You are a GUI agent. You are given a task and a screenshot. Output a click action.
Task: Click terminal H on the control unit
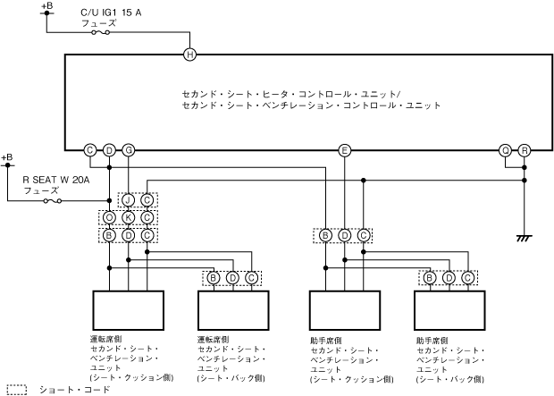189,55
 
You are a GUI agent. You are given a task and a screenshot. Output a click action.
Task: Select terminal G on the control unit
129,150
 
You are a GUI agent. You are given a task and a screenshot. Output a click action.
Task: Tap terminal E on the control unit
345,150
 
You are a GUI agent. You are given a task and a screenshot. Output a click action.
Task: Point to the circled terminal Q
506,150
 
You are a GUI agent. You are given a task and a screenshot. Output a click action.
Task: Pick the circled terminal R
525,150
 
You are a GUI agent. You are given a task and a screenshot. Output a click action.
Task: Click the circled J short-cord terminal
129,200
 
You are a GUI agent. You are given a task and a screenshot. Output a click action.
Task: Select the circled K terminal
129,217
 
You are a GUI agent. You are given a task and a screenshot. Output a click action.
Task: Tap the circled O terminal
109,217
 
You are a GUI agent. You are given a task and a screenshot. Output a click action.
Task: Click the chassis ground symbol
525,238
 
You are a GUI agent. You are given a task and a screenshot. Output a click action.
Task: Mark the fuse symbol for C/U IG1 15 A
101,32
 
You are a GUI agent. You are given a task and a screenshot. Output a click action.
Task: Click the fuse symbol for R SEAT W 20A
53,201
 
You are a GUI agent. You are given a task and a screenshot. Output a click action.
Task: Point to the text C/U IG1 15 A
111,13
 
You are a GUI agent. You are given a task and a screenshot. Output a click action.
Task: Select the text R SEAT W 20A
56,180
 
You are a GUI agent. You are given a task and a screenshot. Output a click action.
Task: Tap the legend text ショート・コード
74,390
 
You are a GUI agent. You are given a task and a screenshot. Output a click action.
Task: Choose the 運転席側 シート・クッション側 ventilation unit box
129,310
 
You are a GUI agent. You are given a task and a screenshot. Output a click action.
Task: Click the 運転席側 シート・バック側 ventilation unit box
233,310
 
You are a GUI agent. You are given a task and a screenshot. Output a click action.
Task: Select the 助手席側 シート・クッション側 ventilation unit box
345,310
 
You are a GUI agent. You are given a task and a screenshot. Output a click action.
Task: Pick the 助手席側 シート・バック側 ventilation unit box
449,310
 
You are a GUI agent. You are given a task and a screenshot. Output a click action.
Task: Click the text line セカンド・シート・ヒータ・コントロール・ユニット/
291,95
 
